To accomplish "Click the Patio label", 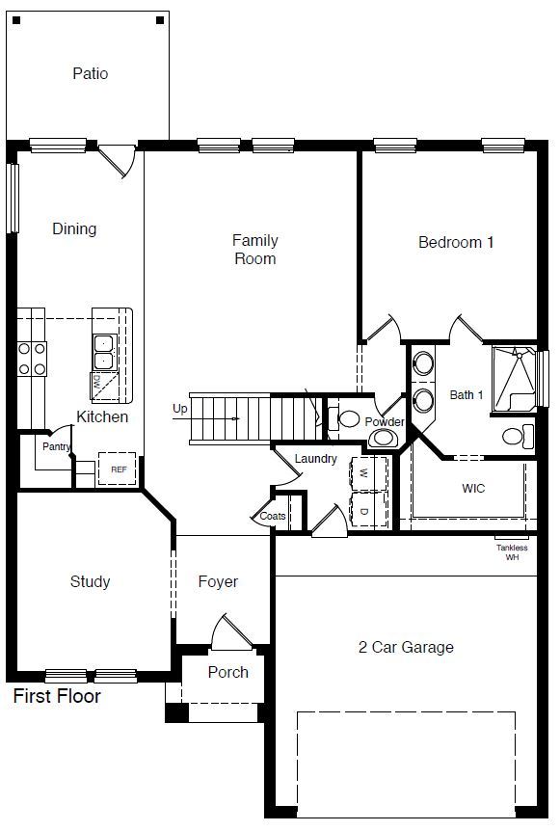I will [x=90, y=73].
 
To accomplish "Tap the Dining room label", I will [x=74, y=228].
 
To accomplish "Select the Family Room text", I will [x=254, y=249].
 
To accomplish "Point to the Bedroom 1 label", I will [x=455, y=242].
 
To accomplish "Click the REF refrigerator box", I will [x=119, y=469].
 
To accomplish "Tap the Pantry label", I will [x=56, y=446].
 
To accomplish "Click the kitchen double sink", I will [x=103, y=353].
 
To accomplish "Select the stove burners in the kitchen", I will [x=33, y=358].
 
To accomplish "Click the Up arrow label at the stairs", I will [x=179, y=408].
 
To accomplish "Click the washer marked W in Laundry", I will [x=364, y=473].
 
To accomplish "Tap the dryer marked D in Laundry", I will [x=364, y=510].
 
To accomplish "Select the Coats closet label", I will [x=273, y=516].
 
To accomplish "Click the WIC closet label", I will [x=473, y=488].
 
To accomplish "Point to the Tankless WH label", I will [x=511, y=552].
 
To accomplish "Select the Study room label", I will [x=90, y=581].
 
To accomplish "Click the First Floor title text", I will [x=57, y=695].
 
